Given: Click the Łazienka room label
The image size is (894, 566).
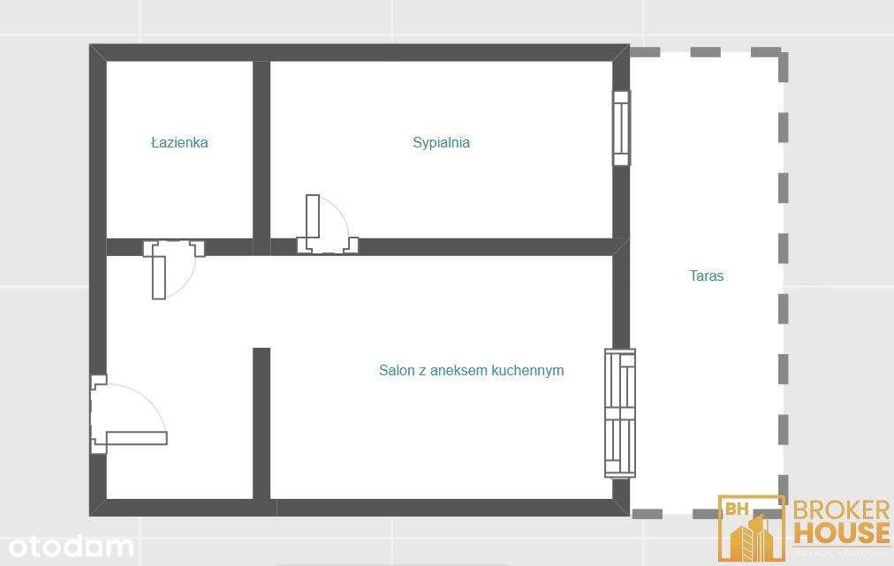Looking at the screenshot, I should tap(179, 142).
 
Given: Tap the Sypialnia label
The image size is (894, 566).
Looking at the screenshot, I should tap(441, 142).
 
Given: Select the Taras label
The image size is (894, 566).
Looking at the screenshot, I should tap(706, 275).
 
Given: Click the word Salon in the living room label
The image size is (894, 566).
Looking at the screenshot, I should tap(397, 370).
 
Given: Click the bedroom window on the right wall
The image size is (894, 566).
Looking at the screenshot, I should tap(622, 128).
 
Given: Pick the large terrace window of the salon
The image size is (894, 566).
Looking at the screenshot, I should tap(619, 412).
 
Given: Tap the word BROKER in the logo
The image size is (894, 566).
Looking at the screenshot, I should tap(840, 510).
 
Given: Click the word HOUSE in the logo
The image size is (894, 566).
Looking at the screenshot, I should tap(842, 532).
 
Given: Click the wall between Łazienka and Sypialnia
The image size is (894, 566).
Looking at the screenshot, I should tap(261, 150).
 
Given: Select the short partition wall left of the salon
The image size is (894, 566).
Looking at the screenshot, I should tap(261, 424).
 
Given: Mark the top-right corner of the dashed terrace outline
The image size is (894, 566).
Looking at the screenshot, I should tap(782, 53).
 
